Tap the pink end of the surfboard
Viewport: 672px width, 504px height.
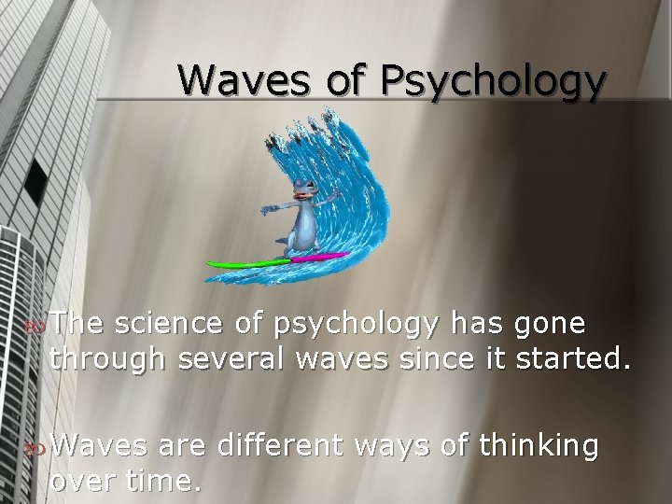[x=327, y=256]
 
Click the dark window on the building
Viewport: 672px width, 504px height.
[x=35, y=183]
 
